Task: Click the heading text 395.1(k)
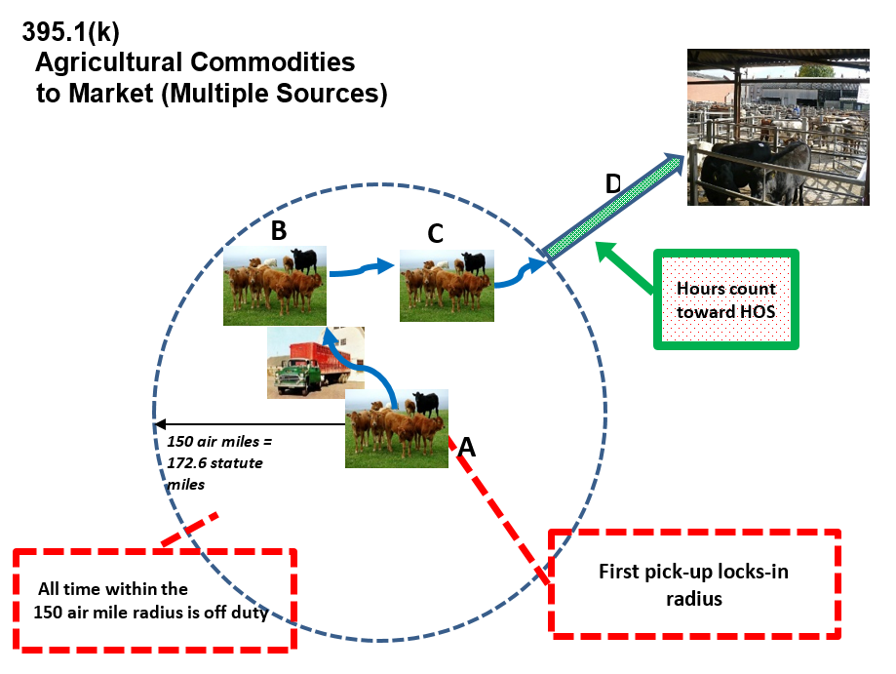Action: click(x=70, y=31)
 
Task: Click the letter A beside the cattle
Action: click(x=467, y=447)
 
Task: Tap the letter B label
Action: click(x=278, y=231)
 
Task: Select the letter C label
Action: click(x=435, y=233)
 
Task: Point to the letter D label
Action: click(x=612, y=183)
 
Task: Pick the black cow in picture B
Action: click(x=304, y=260)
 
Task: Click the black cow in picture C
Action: click(x=474, y=262)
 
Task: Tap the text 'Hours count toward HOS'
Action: click(x=726, y=298)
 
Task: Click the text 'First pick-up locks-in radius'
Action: click(x=693, y=583)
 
